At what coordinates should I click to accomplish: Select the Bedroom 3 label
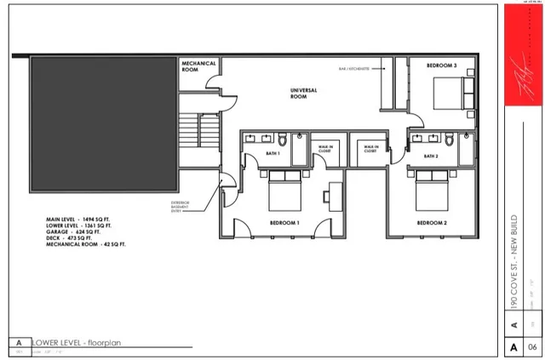(x=442, y=66)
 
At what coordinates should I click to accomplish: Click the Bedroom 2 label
(x=432, y=222)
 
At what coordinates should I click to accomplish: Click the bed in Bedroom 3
(x=451, y=91)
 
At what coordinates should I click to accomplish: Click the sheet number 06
(x=531, y=347)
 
